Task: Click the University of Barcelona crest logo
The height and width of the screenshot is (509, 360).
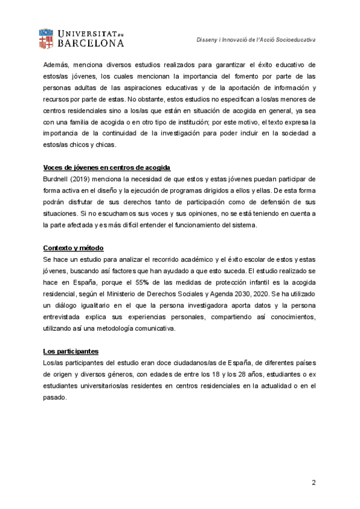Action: pos(46,37)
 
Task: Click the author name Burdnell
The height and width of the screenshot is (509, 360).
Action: pos(56,179)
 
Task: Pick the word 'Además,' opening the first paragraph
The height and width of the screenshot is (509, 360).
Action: pos(56,64)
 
